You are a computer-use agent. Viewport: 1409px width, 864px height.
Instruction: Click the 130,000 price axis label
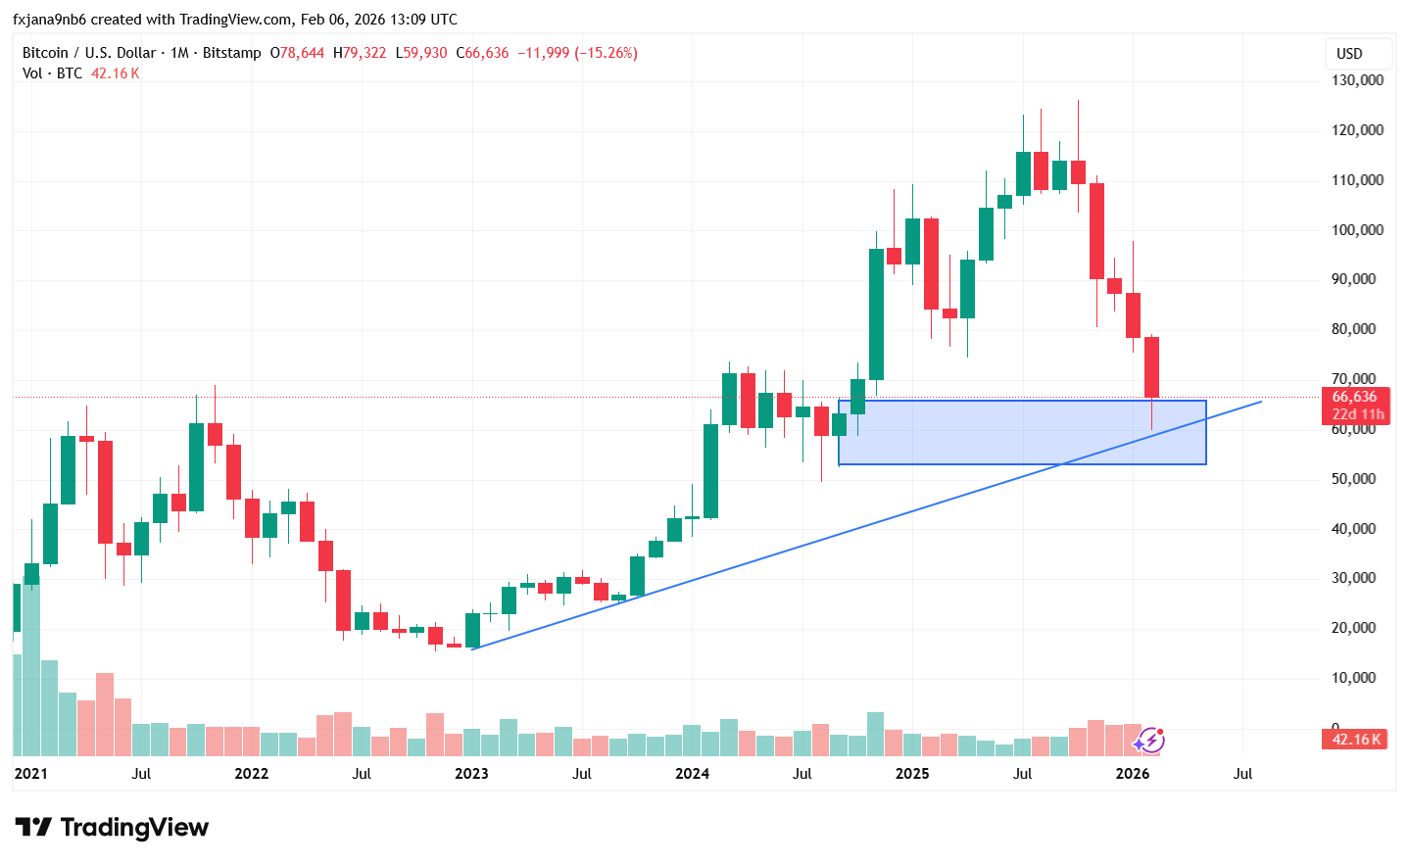tap(1357, 80)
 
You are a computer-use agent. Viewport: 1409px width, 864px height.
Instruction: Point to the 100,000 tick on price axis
tap(1357, 230)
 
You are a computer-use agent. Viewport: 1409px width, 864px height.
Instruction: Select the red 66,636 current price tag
tap(1354, 397)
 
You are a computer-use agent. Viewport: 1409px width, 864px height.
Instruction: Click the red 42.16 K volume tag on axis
tap(1356, 740)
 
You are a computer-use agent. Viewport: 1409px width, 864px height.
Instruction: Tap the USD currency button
tap(1349, 54)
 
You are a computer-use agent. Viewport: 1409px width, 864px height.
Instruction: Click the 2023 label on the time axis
tap(471, 774)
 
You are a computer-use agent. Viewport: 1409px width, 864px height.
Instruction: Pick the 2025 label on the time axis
tap(912, 774)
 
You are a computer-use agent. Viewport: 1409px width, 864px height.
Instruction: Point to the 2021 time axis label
tap(30, 774)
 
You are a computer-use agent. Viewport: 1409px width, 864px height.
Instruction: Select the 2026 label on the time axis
tap(1133, 774)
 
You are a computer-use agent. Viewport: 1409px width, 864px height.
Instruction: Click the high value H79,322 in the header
tap(360, 53)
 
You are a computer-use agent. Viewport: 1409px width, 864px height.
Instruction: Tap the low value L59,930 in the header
tap(421, 53)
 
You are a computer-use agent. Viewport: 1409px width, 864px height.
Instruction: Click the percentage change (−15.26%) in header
tap(606, 53)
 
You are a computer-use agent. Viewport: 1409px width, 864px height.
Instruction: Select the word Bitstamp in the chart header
tap(232, 53)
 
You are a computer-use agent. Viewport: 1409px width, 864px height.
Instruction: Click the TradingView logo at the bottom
tap(112, 828)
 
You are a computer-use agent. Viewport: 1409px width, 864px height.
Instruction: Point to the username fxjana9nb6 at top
tap(49, 20)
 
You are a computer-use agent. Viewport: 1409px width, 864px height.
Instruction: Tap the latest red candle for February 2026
tap(1151, 367)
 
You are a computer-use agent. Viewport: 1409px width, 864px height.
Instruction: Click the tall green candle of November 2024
tap(876, 313)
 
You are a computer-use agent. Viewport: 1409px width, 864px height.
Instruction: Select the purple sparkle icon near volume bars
tap(1148, 741)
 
